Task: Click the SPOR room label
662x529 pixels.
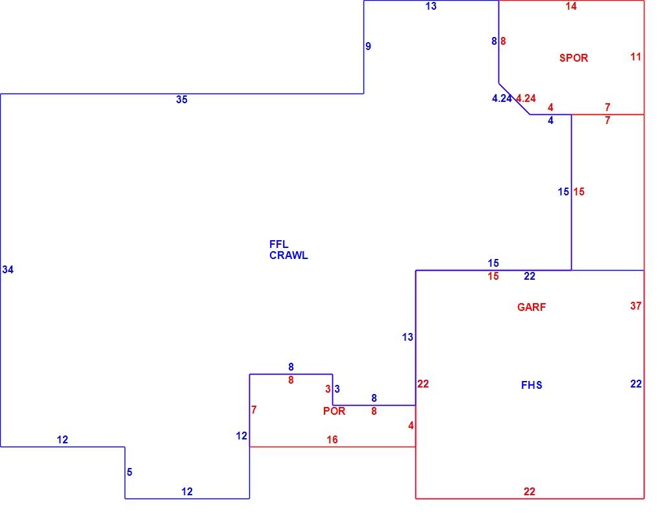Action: [573, 58]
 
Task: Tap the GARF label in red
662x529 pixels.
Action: [531, 307]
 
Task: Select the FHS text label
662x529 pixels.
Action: [532, 385]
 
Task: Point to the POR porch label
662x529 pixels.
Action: [334, 411]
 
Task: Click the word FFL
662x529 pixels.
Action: [278, 244]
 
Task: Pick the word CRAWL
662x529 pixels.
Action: [289, 256]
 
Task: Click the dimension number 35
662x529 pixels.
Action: [182, 100]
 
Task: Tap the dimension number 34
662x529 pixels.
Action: [8, 269]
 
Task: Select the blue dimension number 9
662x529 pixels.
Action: [368, 47]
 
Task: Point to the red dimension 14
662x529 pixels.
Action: [570, 6]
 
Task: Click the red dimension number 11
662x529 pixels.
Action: [636, 56]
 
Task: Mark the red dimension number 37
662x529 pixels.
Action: [636, 306]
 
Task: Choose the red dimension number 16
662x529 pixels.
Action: [332, 440]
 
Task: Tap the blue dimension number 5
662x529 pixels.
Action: [130, 472]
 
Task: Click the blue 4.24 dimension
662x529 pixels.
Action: [502, 99]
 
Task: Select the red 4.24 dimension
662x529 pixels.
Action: [526, 99]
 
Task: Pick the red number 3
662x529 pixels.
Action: [328, 389]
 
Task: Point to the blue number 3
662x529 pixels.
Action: [337, 389]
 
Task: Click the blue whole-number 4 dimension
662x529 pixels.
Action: [550, 121]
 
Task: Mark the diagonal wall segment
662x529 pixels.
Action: [514, 99]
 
